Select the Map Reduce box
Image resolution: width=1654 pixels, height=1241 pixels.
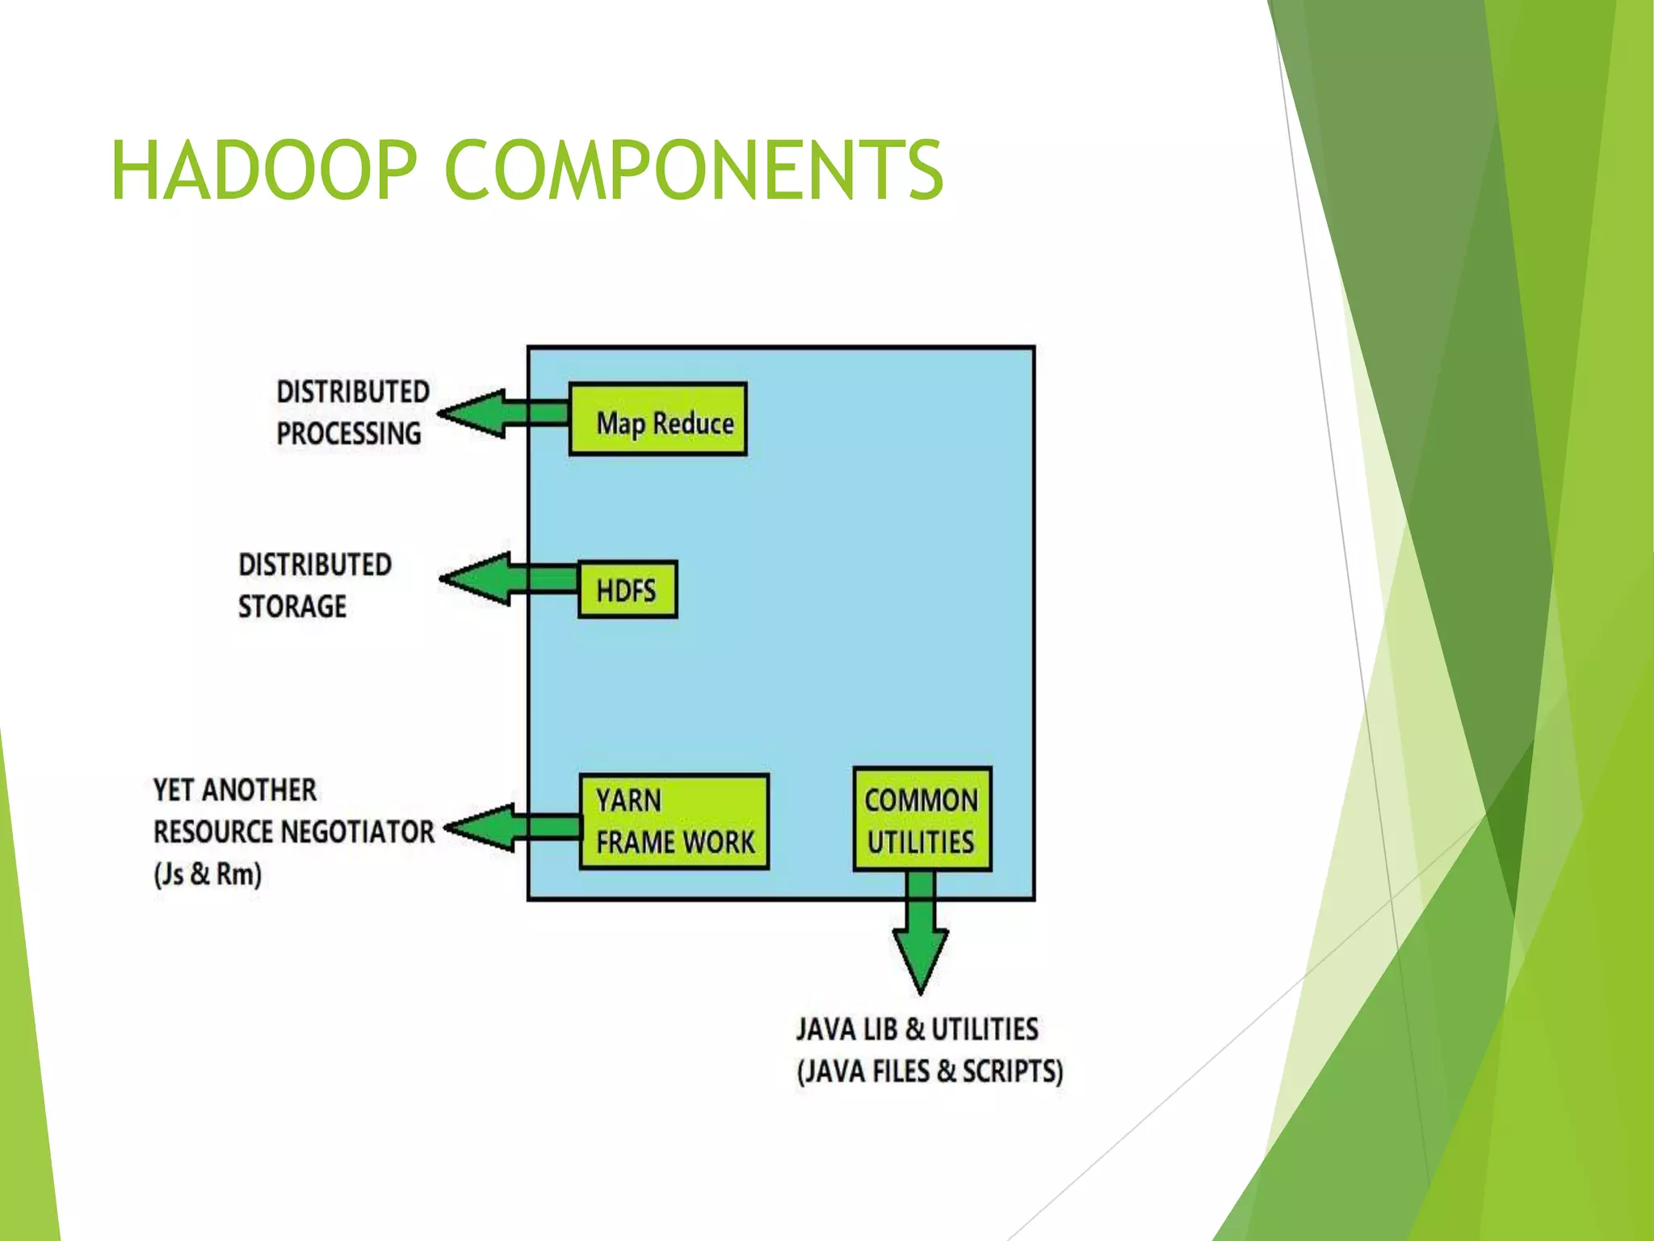(657, 419)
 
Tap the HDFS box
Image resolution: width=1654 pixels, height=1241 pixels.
(628, 590)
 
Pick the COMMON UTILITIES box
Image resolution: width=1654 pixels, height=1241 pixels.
(921, 819)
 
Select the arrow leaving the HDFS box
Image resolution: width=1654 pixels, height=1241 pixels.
(506, 579)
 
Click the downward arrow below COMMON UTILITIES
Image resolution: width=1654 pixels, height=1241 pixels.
(921, 937)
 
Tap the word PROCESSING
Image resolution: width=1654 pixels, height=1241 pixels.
(349, 434)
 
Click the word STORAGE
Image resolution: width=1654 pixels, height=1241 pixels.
(292, 606)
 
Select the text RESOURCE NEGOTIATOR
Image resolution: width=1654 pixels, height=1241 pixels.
(294, 831)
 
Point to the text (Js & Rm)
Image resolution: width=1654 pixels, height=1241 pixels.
(208, 874)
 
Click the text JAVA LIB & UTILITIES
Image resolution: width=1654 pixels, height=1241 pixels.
(917, 1029)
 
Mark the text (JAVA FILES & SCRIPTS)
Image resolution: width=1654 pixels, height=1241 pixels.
(930, 1071)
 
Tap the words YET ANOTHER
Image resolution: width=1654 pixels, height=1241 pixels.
(235, 789)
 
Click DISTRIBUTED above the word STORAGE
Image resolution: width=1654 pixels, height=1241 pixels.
(315, 564)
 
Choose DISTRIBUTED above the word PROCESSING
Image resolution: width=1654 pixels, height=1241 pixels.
(353, 392)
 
